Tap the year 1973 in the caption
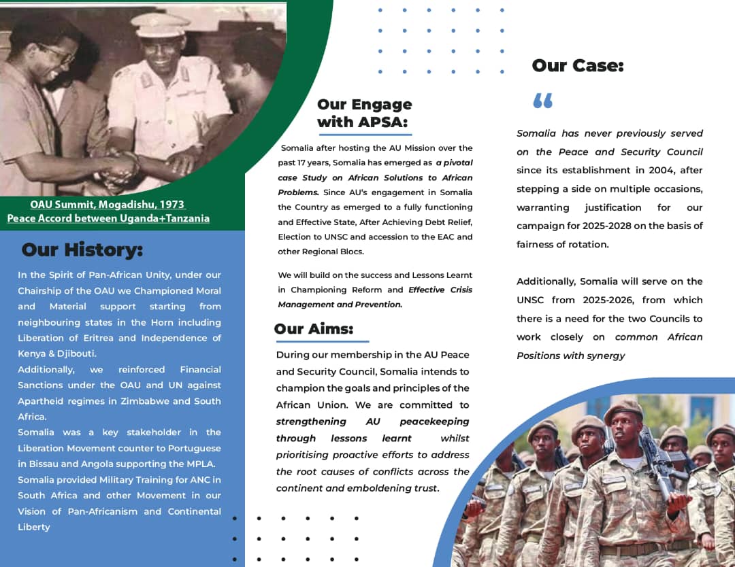171,205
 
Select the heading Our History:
82,250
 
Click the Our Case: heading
578,66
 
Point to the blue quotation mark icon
542,101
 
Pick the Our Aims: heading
314,329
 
